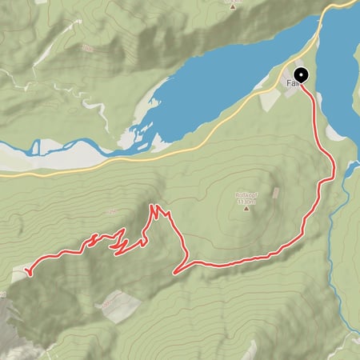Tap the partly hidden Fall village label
tap(291, 82)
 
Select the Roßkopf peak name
tap(245, 195)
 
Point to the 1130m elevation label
tap(245, 202)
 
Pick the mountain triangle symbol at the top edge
tap(233, 3)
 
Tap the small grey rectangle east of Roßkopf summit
tap(277, 193)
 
